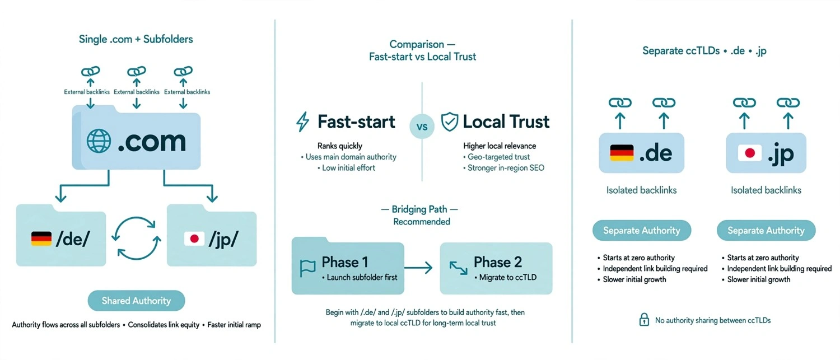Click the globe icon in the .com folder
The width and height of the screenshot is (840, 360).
(99, 141)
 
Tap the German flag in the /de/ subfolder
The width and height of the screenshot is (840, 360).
(41, 239)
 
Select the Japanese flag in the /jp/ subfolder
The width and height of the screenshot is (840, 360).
(194, 239)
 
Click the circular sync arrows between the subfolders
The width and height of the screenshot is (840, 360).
(136, 238)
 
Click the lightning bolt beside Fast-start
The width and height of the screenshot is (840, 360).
(302, 122)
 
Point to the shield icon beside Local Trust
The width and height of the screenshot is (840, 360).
(449, 122)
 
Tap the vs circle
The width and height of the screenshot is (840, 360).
(422, 127)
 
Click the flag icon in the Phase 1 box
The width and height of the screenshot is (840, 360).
(307, 268)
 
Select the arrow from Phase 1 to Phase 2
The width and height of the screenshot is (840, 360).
(418, 268)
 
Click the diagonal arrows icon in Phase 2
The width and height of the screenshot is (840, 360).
(458, 268)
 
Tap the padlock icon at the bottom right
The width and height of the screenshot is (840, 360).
(644, 320)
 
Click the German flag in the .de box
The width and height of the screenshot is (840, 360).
(622, 153)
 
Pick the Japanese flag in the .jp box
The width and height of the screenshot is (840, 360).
(750, 153)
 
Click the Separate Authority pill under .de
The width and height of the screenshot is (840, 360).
(642, 230)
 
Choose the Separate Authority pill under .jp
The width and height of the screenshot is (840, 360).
(766, 230)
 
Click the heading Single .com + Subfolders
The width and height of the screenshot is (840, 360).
(136, 39)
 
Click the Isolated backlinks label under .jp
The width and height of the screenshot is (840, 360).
(766, 190)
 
